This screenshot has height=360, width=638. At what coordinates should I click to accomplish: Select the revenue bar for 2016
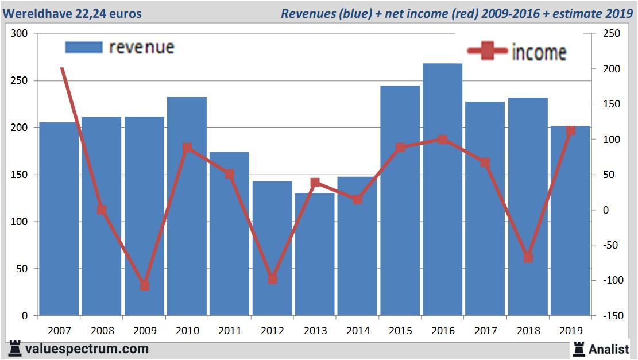click(x=442, y=189)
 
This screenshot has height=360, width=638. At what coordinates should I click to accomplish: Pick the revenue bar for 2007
click(x=59, y=219)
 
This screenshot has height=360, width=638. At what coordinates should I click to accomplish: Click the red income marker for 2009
click(x=145, y=285)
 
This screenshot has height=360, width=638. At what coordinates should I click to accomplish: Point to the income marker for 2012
click(x=272, y=279)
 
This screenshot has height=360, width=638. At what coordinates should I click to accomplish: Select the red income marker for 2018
click(x=528, y=258)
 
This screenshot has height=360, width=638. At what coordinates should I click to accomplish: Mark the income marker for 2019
click(x=570, y=131)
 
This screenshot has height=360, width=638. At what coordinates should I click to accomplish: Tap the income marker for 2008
click(x=102, y=210)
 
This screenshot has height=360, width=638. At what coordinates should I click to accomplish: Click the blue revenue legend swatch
click(x=83, y=47)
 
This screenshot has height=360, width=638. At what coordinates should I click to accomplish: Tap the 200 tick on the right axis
click(x=612, y=69)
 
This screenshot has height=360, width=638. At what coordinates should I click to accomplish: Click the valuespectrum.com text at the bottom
click(x=87, y=349)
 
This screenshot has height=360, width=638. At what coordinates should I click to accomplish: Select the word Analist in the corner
click(x=608, y=349)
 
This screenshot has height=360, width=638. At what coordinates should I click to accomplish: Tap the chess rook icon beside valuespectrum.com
click(x=15, y=349)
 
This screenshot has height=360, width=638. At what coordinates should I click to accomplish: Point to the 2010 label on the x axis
click(x=187, y=331)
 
